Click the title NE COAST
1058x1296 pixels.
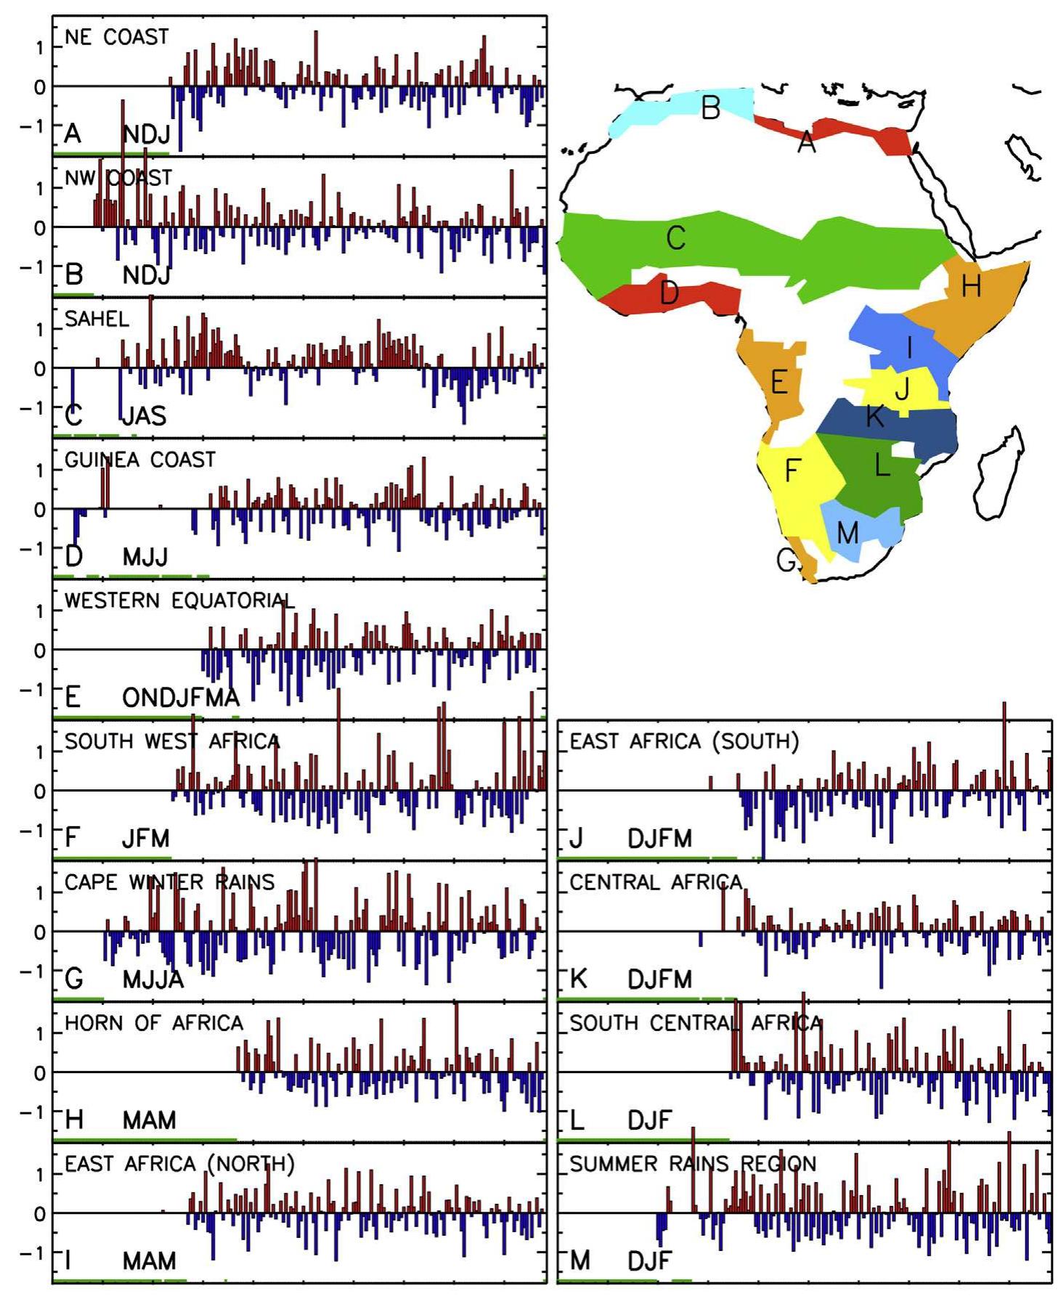(x=116, y=37)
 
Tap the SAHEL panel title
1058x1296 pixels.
(x=97, y=319)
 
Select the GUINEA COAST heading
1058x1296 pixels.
(x=139, y=460)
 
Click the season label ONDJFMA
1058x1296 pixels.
(x=180, y=698)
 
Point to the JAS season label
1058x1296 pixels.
(x=144, y=416)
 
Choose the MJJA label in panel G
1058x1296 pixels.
(x=152, y=979)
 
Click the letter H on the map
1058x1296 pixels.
(x=971, y=287)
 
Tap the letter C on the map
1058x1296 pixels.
(x=675, y=238)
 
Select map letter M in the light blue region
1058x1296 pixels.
(x=847, y=533)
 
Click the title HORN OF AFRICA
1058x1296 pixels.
(x=153, y=1023)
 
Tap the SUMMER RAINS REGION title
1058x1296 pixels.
(x=692, y=1164)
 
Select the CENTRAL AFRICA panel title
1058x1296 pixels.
(x=655, y=882)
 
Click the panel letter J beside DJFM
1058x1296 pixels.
(x=576, y=839)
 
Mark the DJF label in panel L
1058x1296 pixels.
(x=649, y=1120)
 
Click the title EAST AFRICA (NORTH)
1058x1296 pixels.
(x=179, y=1164)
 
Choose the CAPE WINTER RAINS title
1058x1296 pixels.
(x=169, y=882)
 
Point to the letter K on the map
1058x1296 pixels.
(x=874, y=417)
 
